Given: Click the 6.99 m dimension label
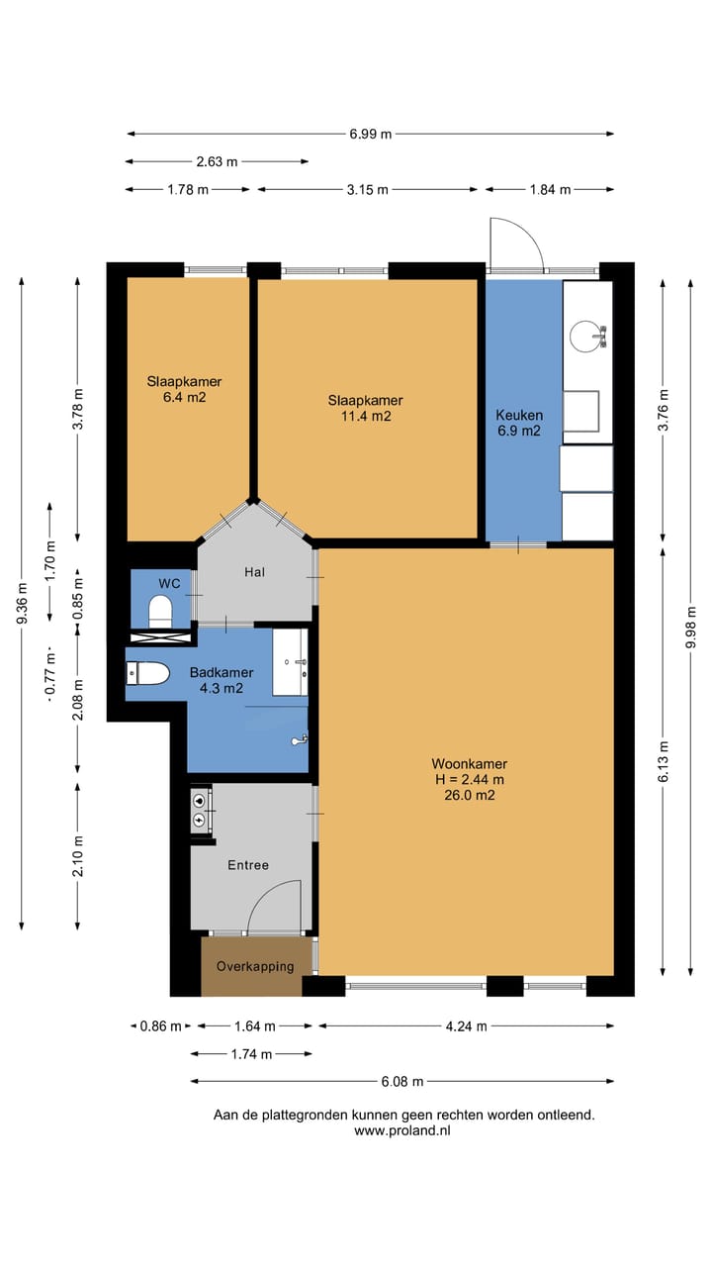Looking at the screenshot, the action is click(x=370, y=134).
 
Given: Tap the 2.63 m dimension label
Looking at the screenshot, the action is click(x=217, y=161).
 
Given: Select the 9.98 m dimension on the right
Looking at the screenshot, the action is click(x=690, y=628).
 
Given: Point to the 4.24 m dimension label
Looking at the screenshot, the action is click(x=466, y=1026).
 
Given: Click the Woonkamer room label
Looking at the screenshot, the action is click(x=469, y=763).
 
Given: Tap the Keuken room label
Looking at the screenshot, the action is click(x=519, y=415).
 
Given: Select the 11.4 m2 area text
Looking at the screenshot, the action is click(x=366, y=417).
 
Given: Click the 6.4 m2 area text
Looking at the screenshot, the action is click(x=185, y=397).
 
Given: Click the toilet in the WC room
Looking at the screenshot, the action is click(x=160, y=612).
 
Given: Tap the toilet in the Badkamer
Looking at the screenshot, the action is click(x=147, y=674).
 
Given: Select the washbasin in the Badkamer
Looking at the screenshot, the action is click(x=291, y=662).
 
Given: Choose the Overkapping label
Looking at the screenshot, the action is click(x=255, y=967).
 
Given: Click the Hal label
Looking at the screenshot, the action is click(x=254, y=572).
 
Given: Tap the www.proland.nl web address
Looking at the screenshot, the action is click(x=402, y=1130).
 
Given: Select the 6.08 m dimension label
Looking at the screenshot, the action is click(x=401, y=1082).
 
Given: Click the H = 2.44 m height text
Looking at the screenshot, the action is click(x=470, y=779).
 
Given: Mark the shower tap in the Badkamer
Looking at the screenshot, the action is click(x=300, y=739).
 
